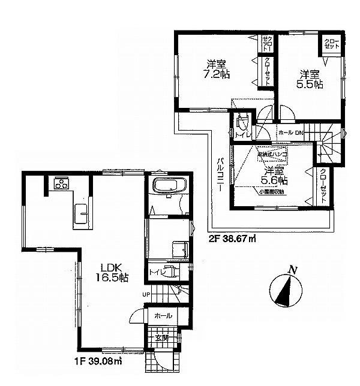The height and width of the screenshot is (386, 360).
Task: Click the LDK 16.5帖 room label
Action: [112, 273]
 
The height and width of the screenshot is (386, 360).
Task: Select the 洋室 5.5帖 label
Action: [310, 79]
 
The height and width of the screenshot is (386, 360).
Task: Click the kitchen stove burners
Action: [61, 184]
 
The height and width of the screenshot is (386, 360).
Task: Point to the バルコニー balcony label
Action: [220, 174]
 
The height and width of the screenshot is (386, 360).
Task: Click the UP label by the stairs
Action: [145, 295]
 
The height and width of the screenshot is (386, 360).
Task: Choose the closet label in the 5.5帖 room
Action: [332, 43]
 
